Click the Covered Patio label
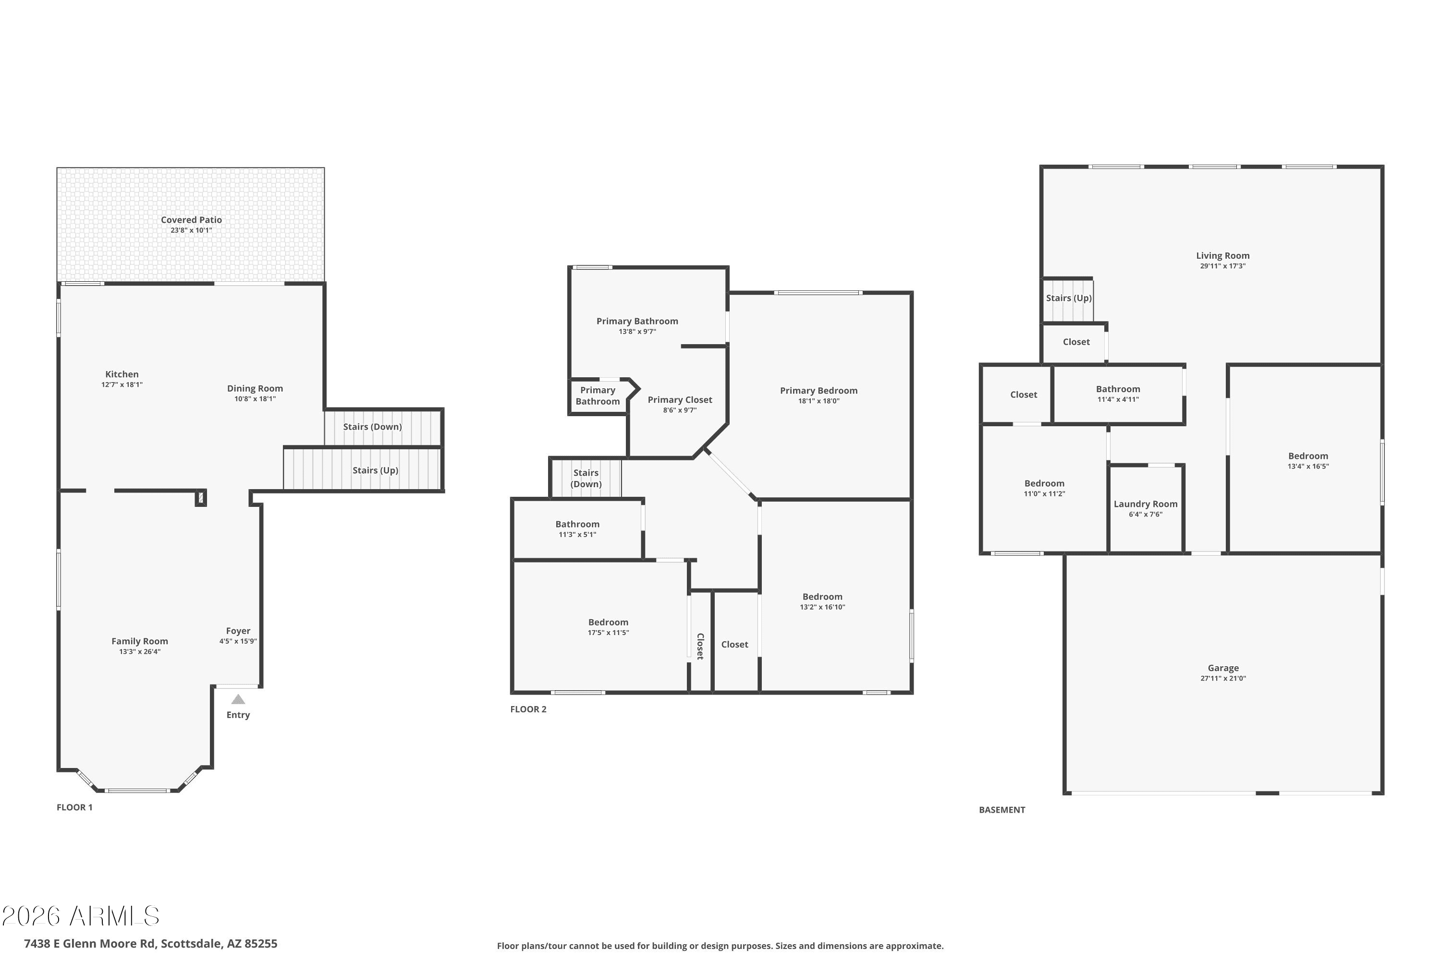(191, 220)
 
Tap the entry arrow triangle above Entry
(238, 699)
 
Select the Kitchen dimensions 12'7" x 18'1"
(122, 385)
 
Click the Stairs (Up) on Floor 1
(375, 470)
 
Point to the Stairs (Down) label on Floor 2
(586, 478)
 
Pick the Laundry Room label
(1145, 504)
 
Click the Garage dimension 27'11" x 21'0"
(1223, 678)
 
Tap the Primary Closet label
(680, 400)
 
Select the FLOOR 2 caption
(528, 709)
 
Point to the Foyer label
(238, 631)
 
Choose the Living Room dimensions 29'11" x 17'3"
(1222, 266)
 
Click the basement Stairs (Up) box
(1068, 298)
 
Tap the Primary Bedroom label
(818, 391)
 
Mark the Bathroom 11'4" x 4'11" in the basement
(1118, 393)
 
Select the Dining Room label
(255, 388)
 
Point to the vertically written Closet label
(700, 646)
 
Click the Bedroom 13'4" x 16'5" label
(1307, 456)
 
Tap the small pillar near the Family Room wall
(200, 498)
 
